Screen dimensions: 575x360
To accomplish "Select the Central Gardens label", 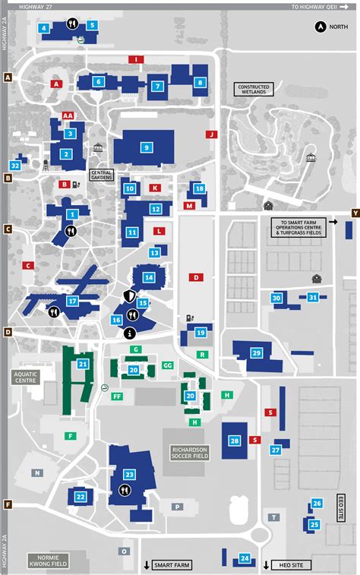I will tap(101, 175).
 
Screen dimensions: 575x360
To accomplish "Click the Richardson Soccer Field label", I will tap(188, 453).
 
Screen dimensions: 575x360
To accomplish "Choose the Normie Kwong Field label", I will tap(49, 561).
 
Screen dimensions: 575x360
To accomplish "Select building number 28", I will tap(235, 441).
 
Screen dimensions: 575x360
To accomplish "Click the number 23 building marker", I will tap(129, 474).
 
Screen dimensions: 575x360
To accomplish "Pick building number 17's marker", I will tap(73, 301).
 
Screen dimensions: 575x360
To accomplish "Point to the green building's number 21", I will tap(82, 365).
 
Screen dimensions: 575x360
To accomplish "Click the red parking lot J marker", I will tap(212, 134).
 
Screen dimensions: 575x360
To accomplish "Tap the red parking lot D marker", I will tap(195, 278).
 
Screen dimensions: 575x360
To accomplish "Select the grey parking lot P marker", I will tap(177, 506).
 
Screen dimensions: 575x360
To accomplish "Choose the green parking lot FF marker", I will tap(117, 396).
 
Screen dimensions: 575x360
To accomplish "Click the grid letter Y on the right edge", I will tap(355, 213).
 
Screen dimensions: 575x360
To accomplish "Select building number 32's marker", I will tap(15, 165).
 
